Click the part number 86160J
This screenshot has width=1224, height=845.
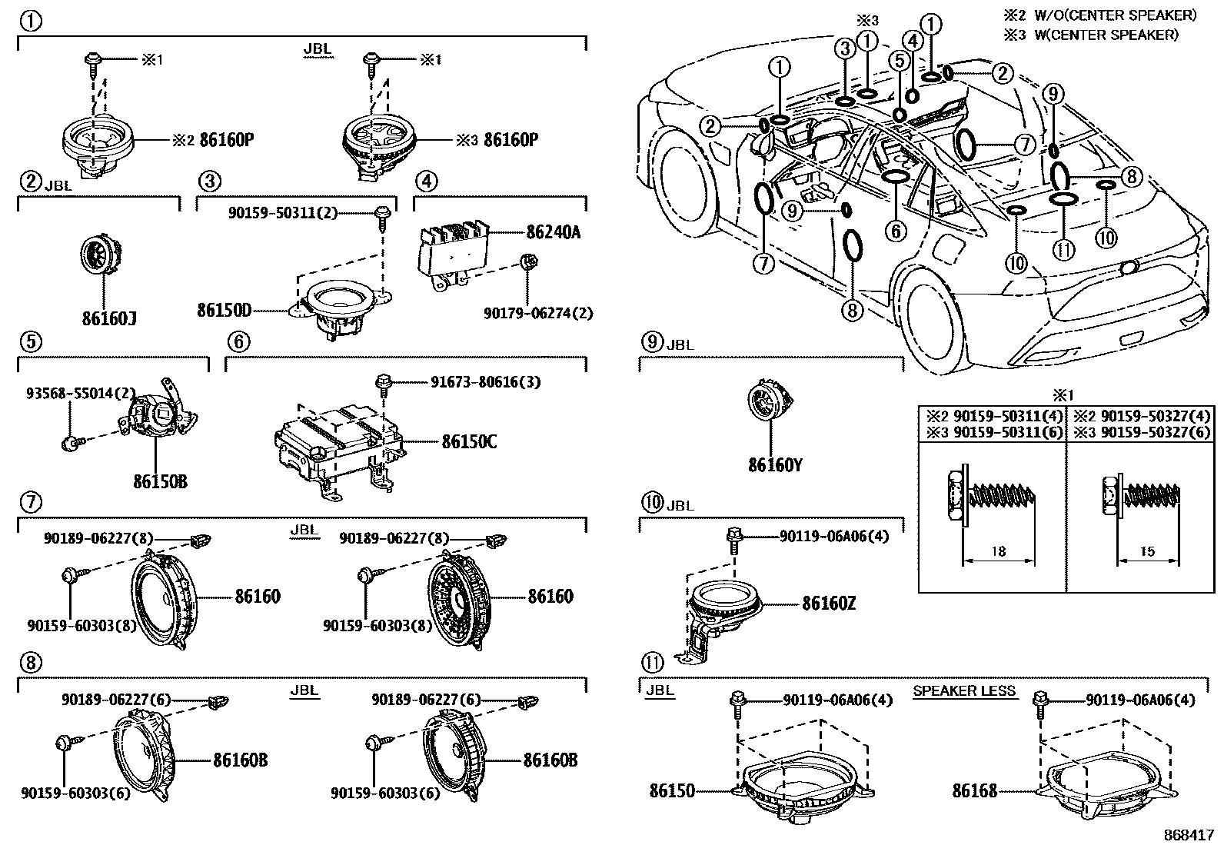109,317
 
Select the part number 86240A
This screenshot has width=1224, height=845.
553,231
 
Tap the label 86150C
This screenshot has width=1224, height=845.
469,442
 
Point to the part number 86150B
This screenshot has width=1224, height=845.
160,482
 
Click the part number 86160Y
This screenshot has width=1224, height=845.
775,464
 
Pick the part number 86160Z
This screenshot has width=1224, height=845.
829,604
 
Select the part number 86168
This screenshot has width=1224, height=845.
974,790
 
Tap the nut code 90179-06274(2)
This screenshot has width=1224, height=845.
538,313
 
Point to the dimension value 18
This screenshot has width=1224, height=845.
998,551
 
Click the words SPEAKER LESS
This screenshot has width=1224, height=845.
964,691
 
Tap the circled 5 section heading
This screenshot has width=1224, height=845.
29,341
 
